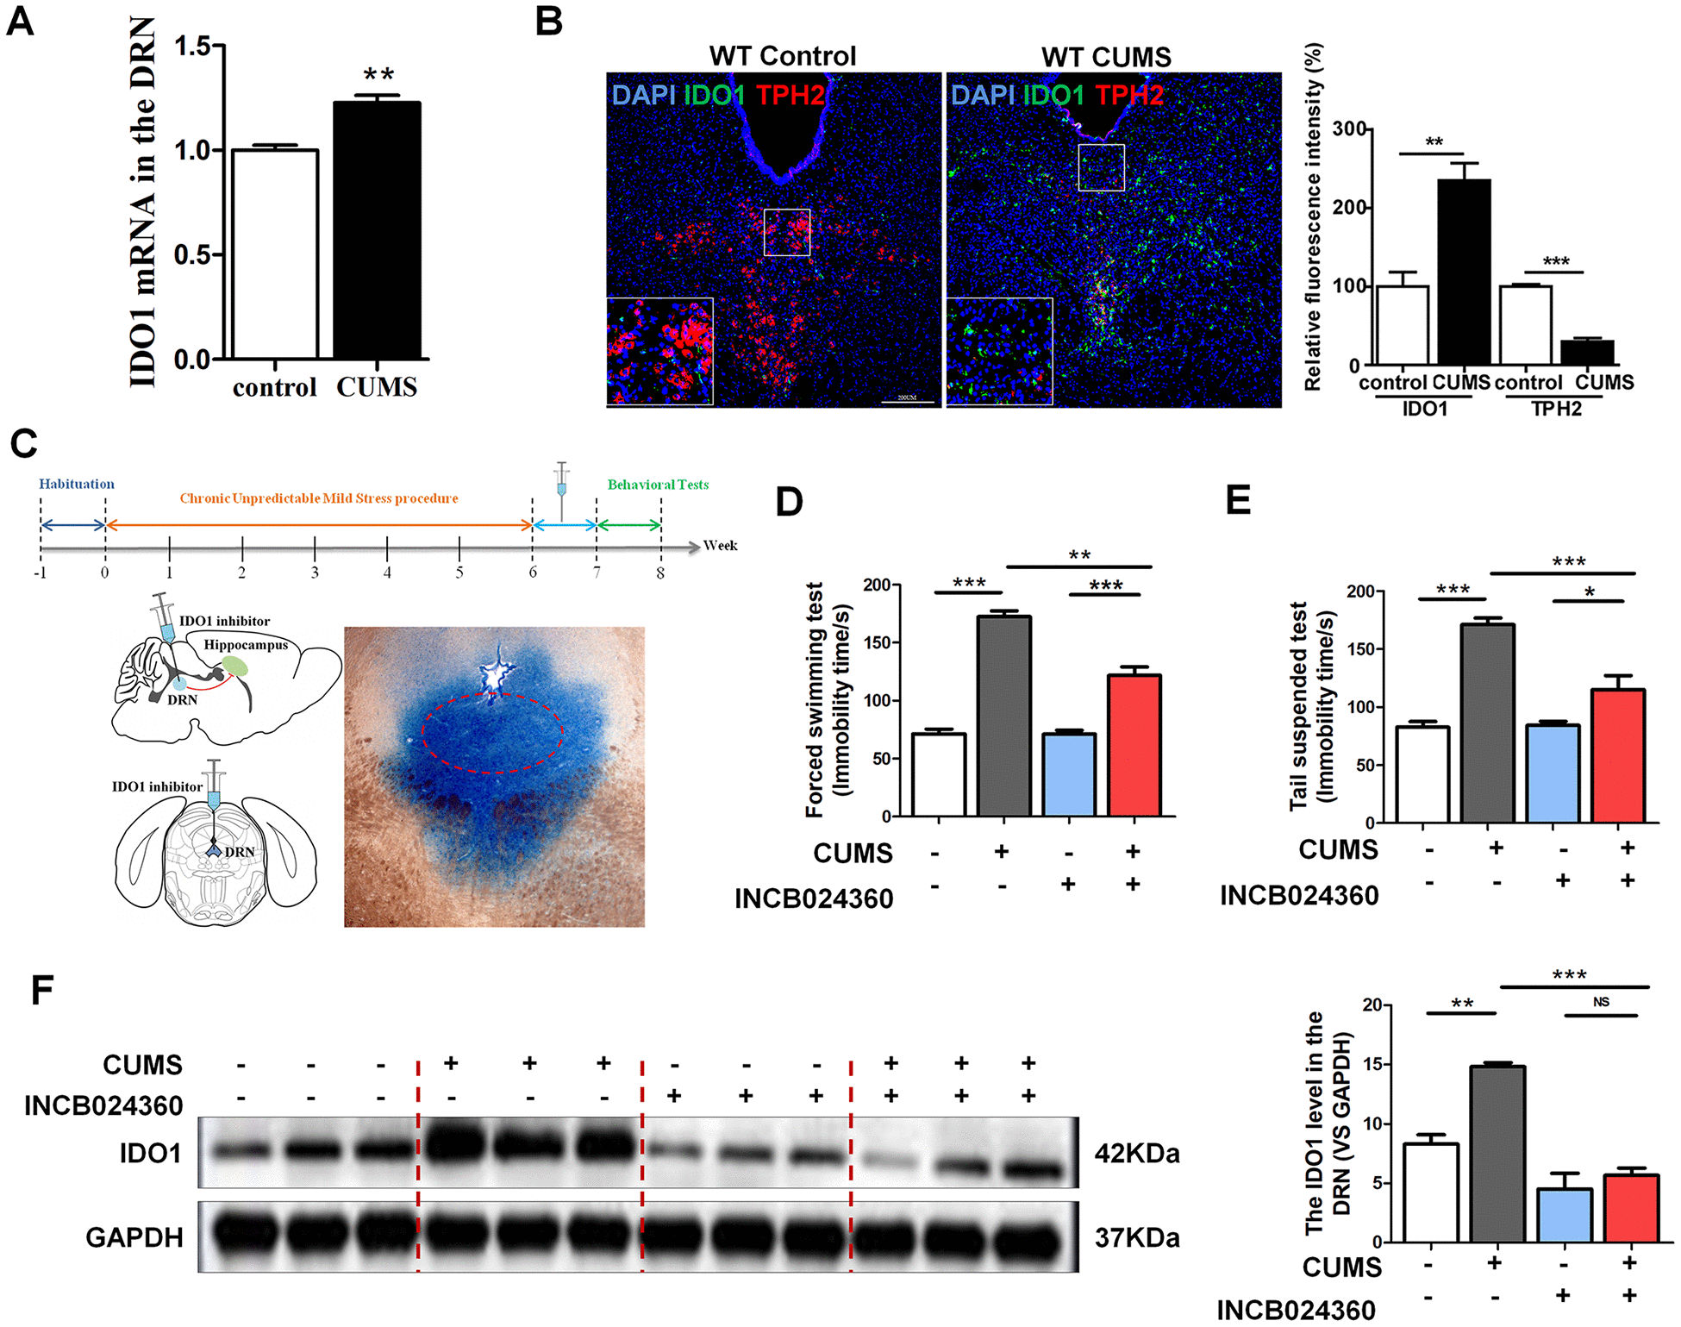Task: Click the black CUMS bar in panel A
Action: coord(377,230)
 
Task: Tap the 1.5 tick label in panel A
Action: coord(192,46)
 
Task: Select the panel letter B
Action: coord(549,22)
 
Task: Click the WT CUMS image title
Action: coord(1106,57)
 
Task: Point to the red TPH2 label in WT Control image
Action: coord(791,94)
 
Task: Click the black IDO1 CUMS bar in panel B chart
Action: coord(1464,272)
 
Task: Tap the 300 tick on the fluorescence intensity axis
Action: coord(1349,129)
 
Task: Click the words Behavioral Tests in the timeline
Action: coord(658,485)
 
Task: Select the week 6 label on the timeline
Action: coord(533,573)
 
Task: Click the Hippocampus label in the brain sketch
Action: coord(246,645)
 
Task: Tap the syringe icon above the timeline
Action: coord(562,487)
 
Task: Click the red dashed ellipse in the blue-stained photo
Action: coord(492,733)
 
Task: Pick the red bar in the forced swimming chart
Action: coord(1134,745)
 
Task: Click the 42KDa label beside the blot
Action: coord(1136,1154)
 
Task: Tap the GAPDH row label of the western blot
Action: coord(134,1237)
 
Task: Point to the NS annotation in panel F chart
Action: coord(1601,1002)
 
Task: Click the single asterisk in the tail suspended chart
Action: coord(1589,592)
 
